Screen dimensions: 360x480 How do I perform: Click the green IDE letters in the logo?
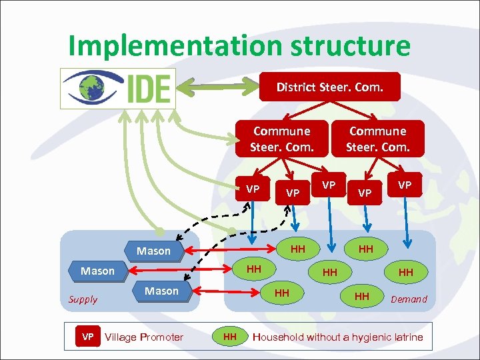[x=149, y=87]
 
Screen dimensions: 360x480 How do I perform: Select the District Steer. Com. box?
[x=329, y=87]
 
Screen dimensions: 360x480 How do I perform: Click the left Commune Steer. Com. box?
[x=282, y=139]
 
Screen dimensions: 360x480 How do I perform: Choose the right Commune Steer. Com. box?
[x=377, y=139]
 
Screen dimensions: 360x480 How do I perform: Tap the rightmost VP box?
[x=405, y=184]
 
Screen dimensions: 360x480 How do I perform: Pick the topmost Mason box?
[x=153, y=251]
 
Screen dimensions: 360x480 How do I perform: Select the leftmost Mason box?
[x=97, y=271]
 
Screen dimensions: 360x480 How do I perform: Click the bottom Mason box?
[x=161, y=291]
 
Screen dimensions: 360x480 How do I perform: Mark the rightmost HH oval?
[x=405, y=272]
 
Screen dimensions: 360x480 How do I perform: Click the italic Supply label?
[x=83, y=299]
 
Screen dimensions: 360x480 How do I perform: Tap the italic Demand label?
[x=409, y=299]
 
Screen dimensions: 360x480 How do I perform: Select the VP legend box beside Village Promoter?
[x=87, y=337]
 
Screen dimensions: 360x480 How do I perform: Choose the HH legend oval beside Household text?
[x=229, y=337]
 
